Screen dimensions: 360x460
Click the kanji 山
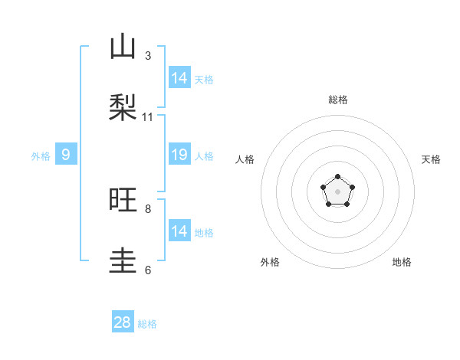(x=123, y=47)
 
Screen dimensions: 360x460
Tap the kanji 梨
(x=123, y=108)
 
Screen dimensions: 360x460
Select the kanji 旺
(x=123, y=200)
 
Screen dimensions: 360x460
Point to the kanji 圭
(x=123, y=260)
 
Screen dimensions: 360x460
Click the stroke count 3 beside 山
(x=148, y=56)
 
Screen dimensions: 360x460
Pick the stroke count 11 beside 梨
(x=148, y=117)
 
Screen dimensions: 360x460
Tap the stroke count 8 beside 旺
(x=148, y=208)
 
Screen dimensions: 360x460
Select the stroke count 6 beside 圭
(x=148, y=270)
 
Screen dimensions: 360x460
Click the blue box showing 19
(x=179, y=155)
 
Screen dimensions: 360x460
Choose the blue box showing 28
(x=123, y=322)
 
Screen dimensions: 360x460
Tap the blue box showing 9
(x=66, y=155)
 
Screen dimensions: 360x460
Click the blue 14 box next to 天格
(x=179, y=78)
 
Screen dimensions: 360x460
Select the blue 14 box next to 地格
(x=179, y=231)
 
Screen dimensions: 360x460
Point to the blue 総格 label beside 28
(x=147, y=324)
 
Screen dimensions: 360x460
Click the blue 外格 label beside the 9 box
(x=41, y=156)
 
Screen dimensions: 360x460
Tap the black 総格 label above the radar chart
(x=337, y=100)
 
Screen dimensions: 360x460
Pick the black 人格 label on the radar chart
(x=245, y=159)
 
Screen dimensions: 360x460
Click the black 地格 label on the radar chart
(x=402, y=263)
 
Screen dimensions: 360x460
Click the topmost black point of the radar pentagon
(x=337, y=177)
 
